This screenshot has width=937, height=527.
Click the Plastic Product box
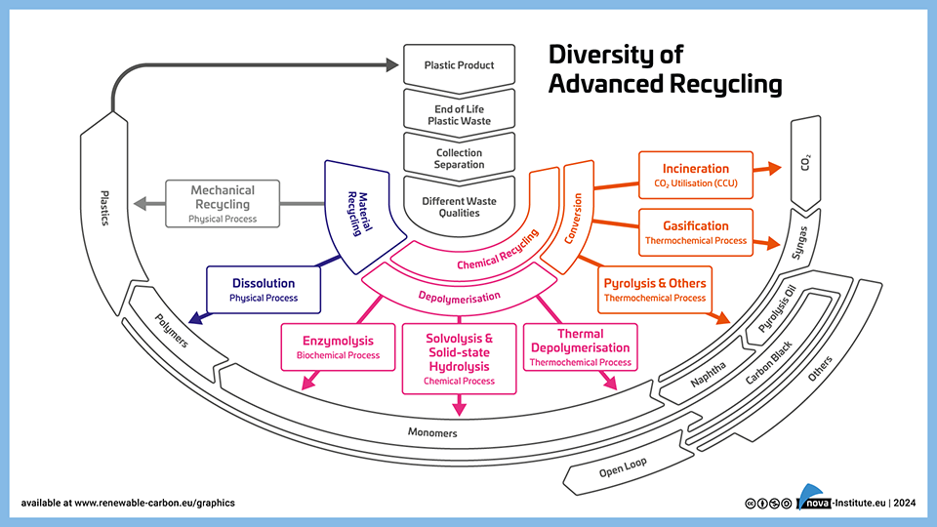click(x=459, y=65)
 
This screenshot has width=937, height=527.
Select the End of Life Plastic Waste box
click(x=459, y=115)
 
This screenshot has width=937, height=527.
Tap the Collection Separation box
click(x=459, y=159)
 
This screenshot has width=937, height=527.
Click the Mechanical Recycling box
click(x=223, y=204)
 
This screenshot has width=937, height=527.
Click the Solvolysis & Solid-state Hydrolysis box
click(x=460, y=358)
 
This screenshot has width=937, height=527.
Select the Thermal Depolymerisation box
click(x=580, y=347)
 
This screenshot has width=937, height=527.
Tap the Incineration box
click(x=696, y=175)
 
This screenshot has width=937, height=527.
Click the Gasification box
click(x=696, y=231)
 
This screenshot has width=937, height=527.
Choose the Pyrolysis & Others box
click(x=655, y=290)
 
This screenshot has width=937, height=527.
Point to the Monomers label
click(x=431, y=432)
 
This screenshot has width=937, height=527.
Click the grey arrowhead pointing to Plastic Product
click(x=392, y=65)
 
